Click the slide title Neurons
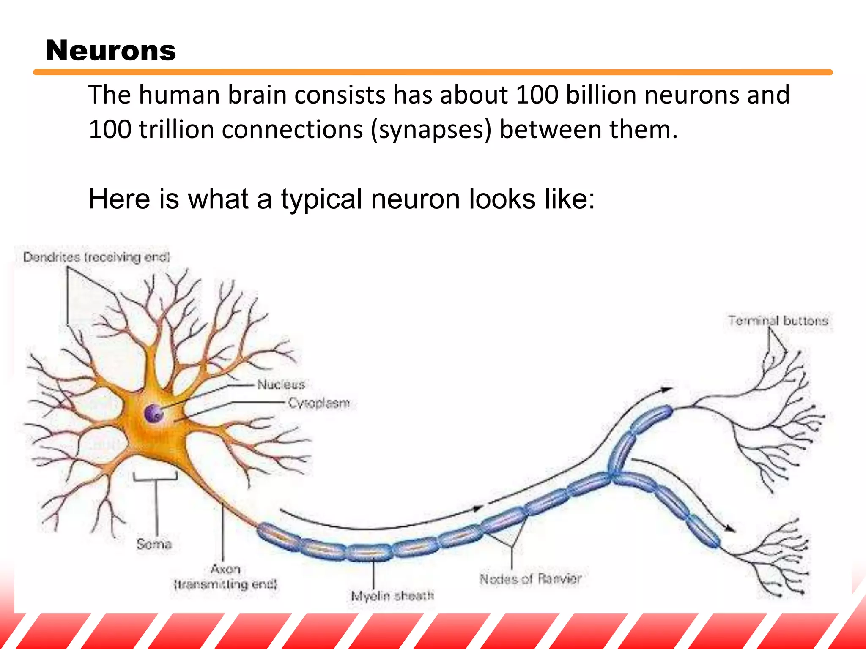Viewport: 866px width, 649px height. tap(110, 51)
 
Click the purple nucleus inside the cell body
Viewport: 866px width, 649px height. tap(153, 413)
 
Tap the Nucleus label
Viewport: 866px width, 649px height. tap(281, 384)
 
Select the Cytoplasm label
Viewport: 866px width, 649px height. tap(319, 403)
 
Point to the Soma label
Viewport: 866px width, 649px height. tap(154, 544)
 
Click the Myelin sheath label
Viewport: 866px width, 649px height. tap(392, 596)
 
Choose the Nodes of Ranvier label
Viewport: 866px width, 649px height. tap(531, 578)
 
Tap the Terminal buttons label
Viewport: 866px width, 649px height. tap(778, 321)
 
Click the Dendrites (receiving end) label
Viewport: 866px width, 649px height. tap(96, 257)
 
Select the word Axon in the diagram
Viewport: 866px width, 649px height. tap(225, 569)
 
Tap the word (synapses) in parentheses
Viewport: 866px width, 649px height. tap(431, 130)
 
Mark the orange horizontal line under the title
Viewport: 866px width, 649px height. tap(433, 72)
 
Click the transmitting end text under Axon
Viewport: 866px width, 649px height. tap(225, 585)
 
